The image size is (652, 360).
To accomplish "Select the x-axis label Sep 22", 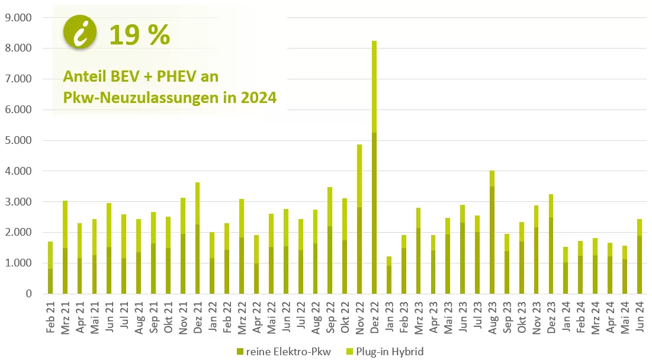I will click(x=330, y=318).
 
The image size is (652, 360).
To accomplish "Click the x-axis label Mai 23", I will click(x=448, y=318).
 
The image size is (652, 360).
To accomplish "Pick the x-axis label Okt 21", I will click(x=168, y=318).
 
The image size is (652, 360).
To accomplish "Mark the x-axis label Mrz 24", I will click(x=596, y=318).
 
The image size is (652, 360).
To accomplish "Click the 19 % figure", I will click(x=140, y=36).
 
